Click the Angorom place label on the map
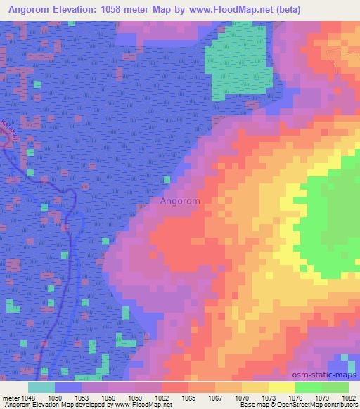(180, 201)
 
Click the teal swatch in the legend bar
(41, 387)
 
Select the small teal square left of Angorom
(167, 180)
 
